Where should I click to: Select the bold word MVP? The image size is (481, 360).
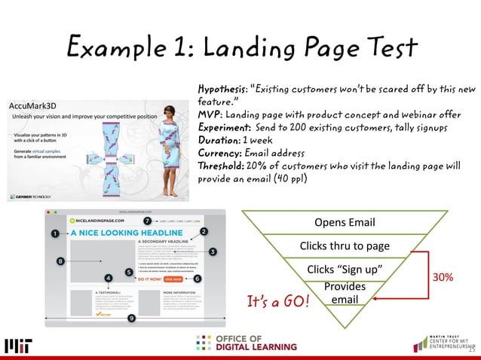209,113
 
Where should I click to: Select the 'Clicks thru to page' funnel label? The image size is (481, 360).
344,246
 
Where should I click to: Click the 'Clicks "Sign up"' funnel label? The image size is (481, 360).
345,269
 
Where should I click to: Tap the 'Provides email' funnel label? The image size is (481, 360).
345,293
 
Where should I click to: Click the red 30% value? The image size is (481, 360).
441,277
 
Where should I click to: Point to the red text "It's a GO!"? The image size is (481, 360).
278,302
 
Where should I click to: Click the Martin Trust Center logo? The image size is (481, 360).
444,343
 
